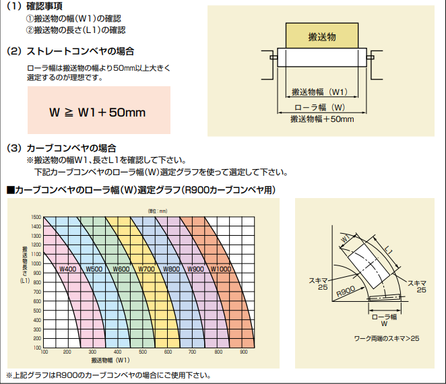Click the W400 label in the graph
pos(68,269)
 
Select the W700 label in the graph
pos(147,269)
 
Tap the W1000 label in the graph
pos(222,269)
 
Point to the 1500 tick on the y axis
pos(36,217)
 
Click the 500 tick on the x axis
pos(143,352)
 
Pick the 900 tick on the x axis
pos(243,352)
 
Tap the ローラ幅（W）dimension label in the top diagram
pos(321,107)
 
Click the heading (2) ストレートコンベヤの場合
pos(70,51)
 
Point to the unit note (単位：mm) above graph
pos(158,211)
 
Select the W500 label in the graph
pos(94,269)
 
